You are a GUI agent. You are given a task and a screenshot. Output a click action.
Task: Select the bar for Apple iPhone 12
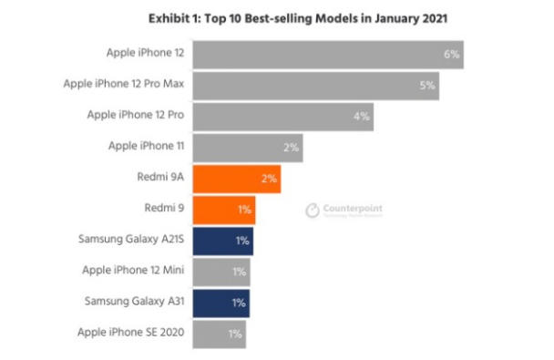point(328,54)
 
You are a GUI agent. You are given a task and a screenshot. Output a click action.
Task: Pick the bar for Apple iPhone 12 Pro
point(282,116)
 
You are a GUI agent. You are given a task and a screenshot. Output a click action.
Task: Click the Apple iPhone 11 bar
point(247,147)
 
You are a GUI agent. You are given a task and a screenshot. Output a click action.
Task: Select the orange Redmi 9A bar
point(236,179)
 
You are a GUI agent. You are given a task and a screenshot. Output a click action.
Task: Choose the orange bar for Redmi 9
point(223,210)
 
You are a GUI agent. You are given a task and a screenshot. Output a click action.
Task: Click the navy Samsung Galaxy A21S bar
point(222,241)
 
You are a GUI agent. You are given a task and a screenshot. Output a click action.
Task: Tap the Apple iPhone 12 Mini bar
point(221,272)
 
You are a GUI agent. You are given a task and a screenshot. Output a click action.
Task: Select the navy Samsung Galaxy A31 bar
point(221,303)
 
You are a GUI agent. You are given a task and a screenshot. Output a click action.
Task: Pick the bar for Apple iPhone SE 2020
point(219,334)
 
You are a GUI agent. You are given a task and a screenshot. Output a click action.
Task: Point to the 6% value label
point(451,55)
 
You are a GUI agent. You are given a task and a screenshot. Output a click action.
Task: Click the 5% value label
point(426,86)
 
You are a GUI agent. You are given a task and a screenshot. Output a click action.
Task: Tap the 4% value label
point(361,117)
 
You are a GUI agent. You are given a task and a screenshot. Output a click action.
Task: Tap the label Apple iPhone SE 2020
point(132,334)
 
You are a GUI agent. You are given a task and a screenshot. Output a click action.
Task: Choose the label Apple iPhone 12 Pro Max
point(123,85)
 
